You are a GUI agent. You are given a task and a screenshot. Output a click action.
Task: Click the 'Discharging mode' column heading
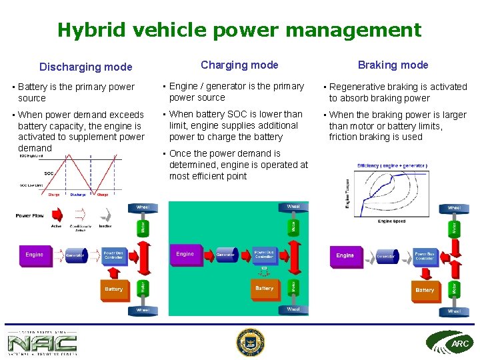pyautogui.click(x=85, y=67)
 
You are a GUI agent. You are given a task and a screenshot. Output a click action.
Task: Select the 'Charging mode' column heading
pyautogui.click(x=239, y=65)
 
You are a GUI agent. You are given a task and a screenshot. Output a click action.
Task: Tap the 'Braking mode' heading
pyautogui.click(x=393, y=65)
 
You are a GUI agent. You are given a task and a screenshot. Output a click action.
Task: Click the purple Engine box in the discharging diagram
pyautogui.click(x=35, y=255)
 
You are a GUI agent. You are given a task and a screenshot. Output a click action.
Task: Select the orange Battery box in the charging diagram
pyautogui.click(x=264, y=289)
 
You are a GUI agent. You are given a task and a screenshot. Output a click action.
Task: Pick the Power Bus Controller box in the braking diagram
pyautogui.click(x=425, y=255)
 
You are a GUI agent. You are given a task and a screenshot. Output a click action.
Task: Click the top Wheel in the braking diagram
pyautogui.click(x=453, y=208)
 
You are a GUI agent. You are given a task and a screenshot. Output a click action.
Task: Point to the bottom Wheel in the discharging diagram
pyautogui.click(x=143, y=310)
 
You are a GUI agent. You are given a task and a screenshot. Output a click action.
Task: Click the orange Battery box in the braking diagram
pyautogui.click(x=425, y=290)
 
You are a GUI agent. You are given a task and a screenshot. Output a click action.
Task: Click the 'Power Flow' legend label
pyautogui.click(x=30, y=215)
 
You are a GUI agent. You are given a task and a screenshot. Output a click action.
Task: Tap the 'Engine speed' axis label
pyautogui.click(x=391, y=221)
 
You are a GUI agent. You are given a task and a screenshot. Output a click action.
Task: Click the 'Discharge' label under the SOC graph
pyautogui.click(x=77, y=195)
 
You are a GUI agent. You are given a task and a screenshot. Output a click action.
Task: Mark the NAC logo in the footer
pyautogui.click(x=42, y=343)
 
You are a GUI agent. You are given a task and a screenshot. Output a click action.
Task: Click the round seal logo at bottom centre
pyautogui.click(x=251, y=343)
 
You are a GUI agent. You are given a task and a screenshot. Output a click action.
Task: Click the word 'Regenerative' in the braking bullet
pyautogui.click(x=358, y=87)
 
